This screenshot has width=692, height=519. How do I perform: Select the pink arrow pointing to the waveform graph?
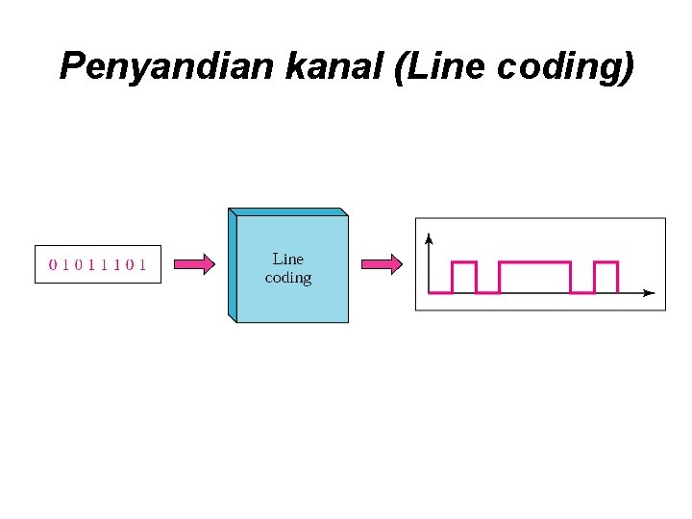(380, 264)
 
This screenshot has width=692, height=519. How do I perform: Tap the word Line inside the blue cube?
(288, 259)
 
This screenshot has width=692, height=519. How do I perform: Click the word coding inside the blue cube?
(288, 278)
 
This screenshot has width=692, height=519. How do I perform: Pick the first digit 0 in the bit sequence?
(53, 264)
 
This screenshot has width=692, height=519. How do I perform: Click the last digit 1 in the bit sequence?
(142, 264)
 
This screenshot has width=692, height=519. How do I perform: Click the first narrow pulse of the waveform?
(464, 277)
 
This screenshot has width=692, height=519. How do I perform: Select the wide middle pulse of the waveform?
(534, 277)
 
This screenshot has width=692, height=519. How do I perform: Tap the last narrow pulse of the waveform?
(605, 277)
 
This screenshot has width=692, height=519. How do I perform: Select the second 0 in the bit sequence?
(79, 264)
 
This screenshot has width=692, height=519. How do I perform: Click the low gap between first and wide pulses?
(487, 291)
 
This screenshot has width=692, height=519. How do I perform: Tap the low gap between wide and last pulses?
(582, 291)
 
